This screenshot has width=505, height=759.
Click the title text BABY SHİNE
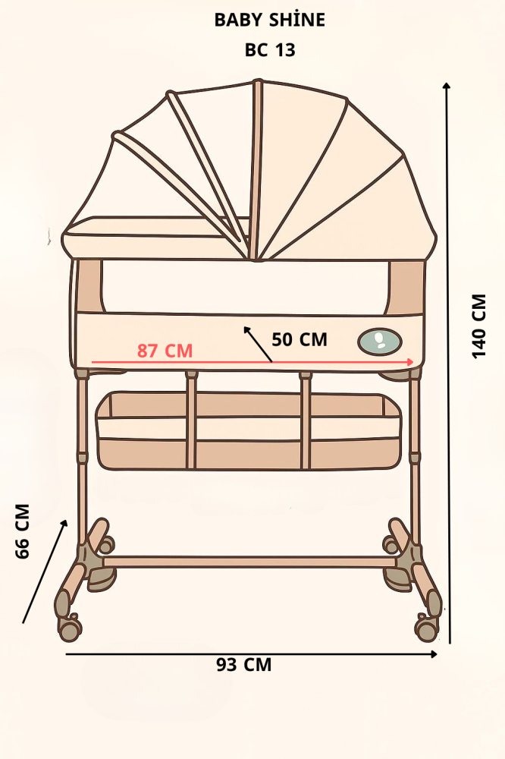tap(269, 20)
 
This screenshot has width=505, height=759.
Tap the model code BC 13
tap(270, 50)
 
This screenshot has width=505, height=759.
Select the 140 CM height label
tap(479, 326)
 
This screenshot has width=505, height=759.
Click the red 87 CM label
tap(165, 351)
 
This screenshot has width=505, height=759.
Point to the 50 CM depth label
tap(300, 339)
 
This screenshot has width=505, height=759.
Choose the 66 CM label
tap(22, 531)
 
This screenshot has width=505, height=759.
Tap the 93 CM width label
tap(244, 665)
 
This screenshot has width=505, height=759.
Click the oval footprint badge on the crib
tap(380, 342)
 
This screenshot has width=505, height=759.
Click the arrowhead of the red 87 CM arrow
tap(410, 361)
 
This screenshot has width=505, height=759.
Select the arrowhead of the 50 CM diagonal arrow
tap(246, 329)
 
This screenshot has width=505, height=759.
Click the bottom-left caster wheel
tap(69, 628)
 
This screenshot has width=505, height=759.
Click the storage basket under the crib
tap(249, 430)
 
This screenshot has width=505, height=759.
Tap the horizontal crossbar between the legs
tap(250, 562)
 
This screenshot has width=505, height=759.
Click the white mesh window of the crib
tap(246, 287)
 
